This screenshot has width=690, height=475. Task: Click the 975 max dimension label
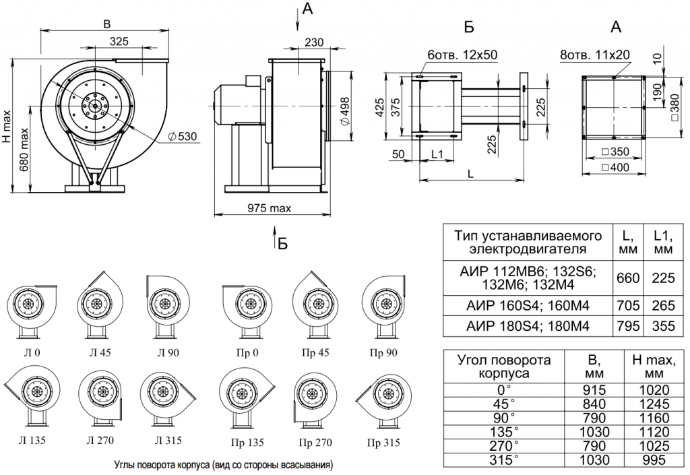(269, 208)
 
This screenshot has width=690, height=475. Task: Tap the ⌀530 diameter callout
(182, 136)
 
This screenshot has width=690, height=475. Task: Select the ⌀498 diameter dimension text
(346, 110)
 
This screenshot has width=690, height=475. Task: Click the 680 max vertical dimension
(24, 150)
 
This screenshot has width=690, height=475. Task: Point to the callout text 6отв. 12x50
(462, 55)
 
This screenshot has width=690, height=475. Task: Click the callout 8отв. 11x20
(595, 55)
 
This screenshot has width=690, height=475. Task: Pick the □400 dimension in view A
(616, 167)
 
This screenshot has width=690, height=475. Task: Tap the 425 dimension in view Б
(380, 107)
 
